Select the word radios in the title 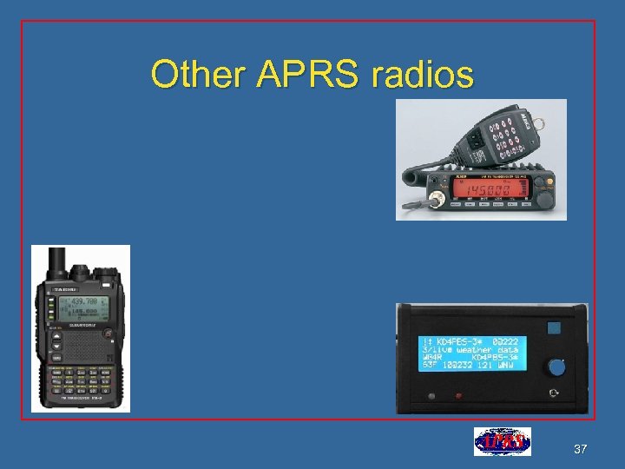point(423,75)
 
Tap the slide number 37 point(581,449)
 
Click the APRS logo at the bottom point(502,442)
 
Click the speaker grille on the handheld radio point(84,348)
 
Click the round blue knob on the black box point(556,367)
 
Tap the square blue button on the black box point(553,329)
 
